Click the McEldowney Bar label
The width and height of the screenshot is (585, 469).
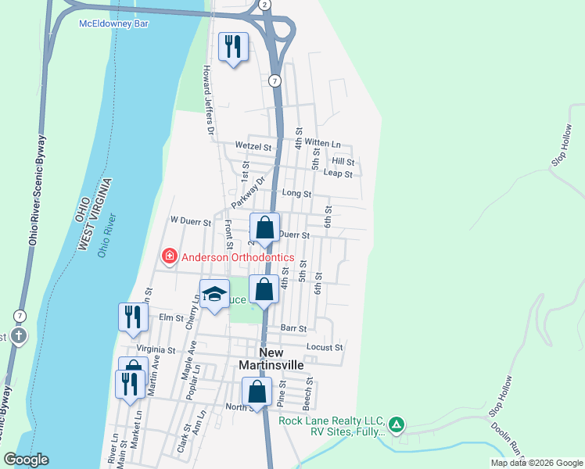113,23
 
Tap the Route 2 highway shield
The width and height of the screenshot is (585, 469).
265,5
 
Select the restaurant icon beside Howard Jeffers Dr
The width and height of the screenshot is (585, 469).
232,47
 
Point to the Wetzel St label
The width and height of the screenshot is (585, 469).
252,145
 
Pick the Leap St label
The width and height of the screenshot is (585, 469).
338,174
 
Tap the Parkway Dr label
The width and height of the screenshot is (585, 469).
249,192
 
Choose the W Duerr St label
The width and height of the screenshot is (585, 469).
191,222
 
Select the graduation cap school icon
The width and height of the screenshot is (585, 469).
214,294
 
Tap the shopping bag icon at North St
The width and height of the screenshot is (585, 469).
257,392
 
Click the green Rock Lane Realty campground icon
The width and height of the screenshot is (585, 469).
397,424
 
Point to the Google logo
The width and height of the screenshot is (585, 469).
26,460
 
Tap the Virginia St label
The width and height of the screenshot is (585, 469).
156,349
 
